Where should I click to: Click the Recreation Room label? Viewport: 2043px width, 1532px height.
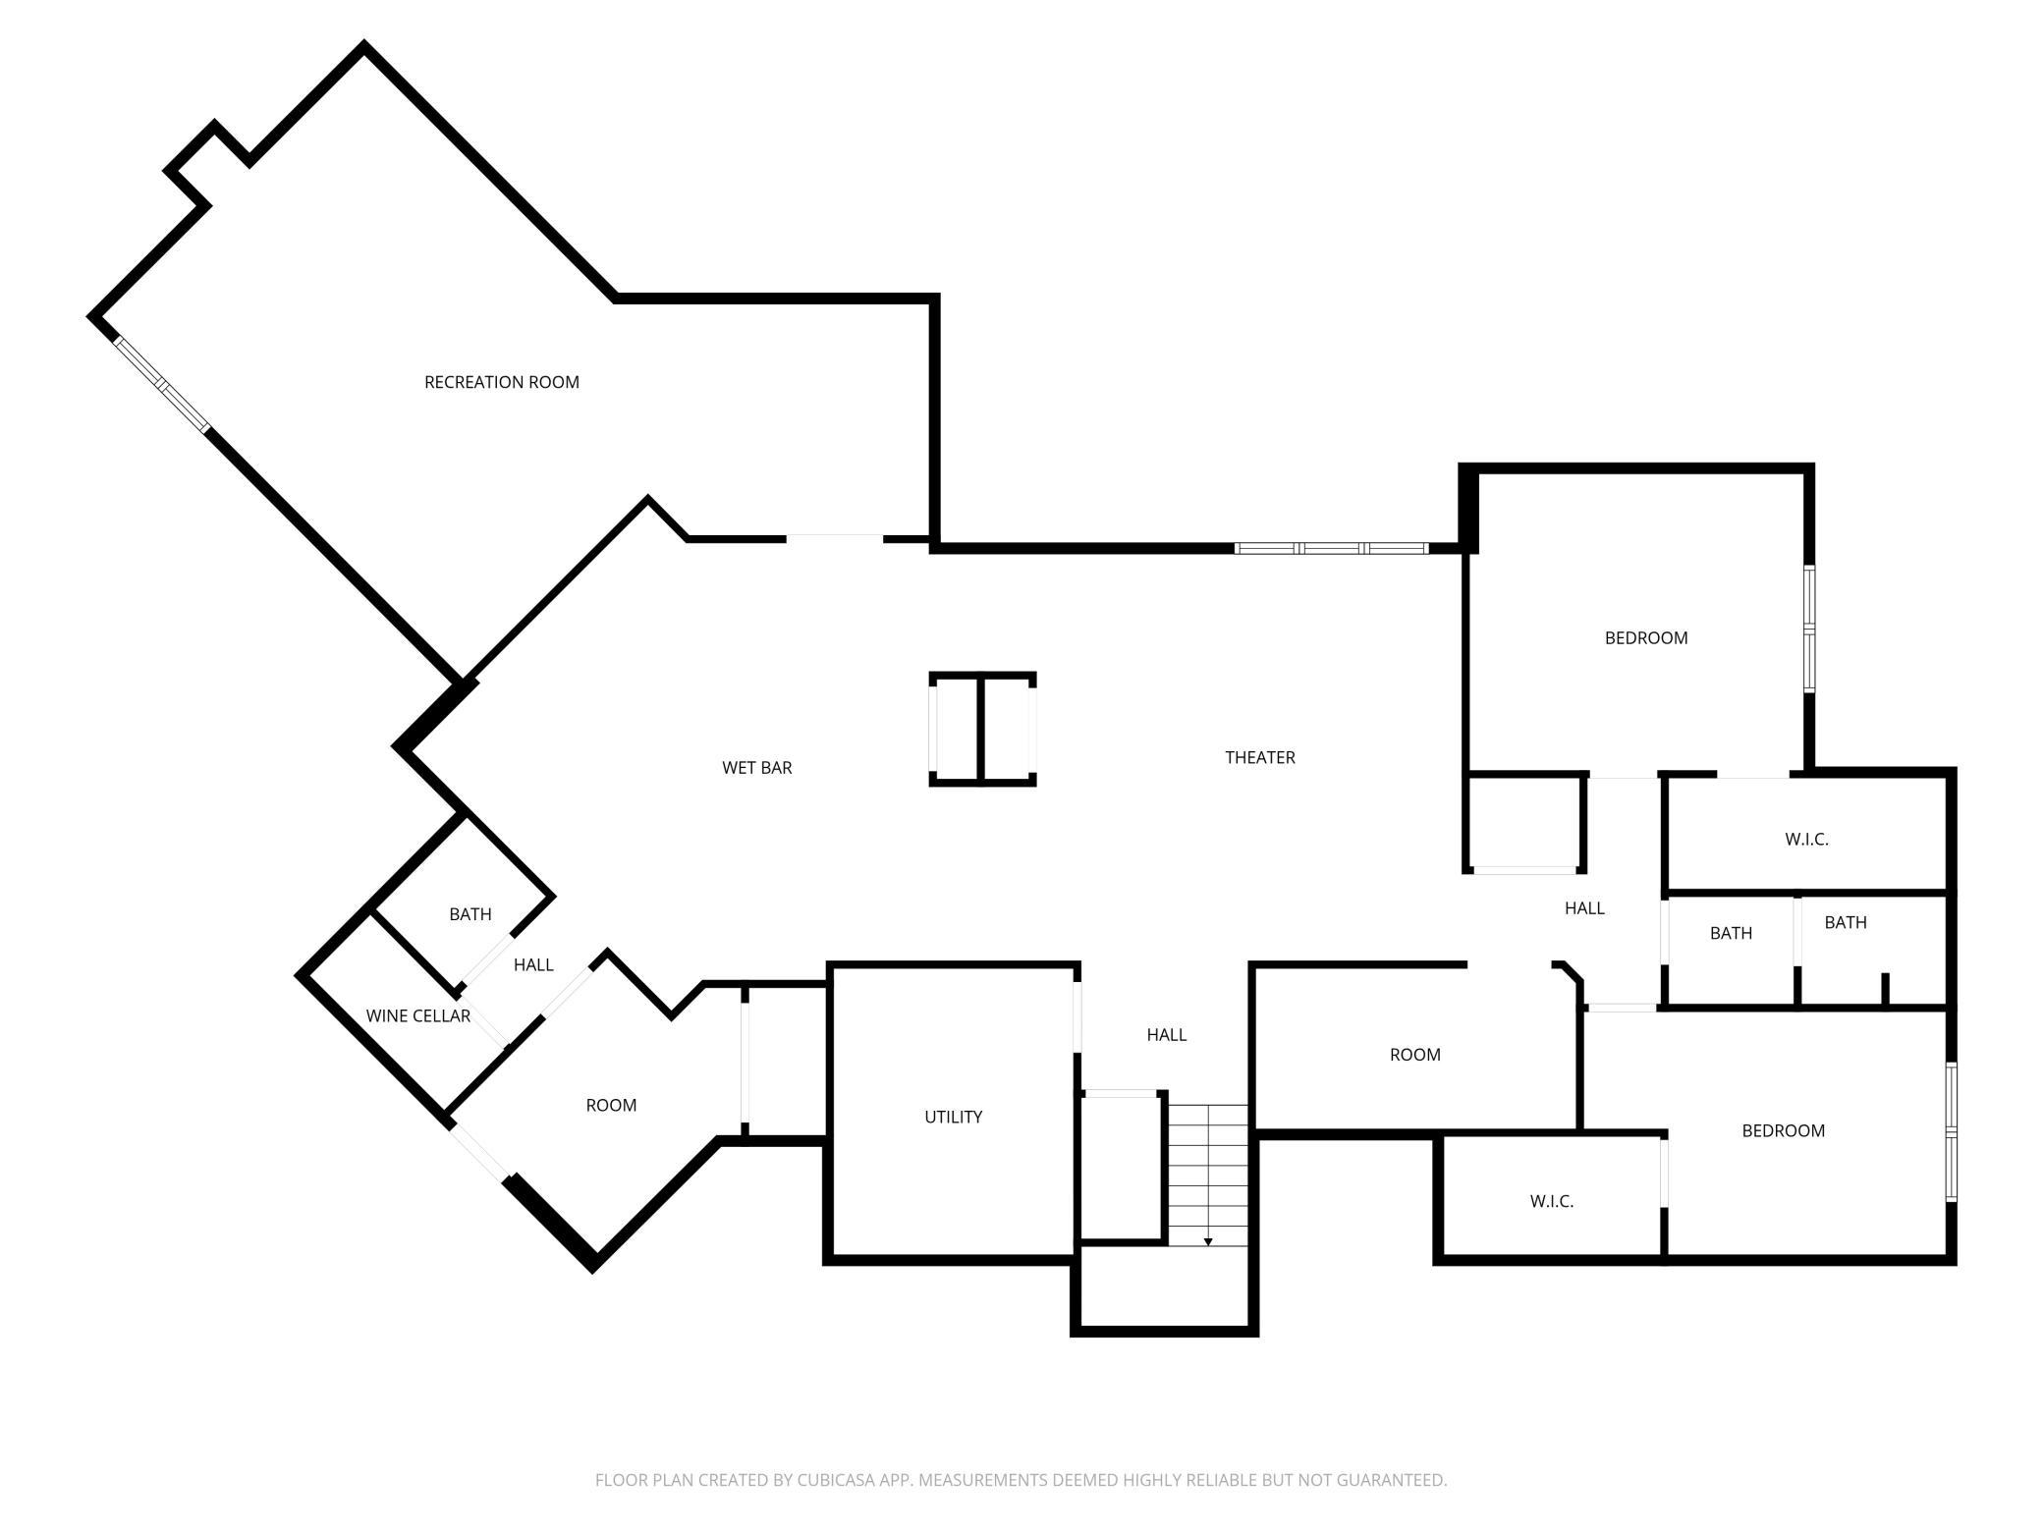pos(501,382)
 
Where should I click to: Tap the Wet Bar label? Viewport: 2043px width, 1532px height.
pos(756,768)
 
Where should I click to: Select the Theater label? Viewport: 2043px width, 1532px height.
pos(1259,757)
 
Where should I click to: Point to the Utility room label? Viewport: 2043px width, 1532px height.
pos(953,1117)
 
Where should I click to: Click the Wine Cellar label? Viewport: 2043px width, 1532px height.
pos(417,1015)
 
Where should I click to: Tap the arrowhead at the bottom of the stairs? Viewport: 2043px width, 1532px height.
pos(1208,1242)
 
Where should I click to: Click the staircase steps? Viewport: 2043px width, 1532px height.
pos(1208,1175)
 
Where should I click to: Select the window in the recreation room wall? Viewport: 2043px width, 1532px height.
pos(161,383)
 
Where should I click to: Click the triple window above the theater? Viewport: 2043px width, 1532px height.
pos(1331,548)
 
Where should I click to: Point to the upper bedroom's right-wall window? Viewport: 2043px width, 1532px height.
pos(1809,629)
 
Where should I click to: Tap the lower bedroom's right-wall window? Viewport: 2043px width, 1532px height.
pos(1951,1131)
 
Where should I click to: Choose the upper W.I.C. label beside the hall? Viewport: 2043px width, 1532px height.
pos(1806,840)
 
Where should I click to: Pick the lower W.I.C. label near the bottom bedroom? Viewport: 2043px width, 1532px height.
pos(1551,1201)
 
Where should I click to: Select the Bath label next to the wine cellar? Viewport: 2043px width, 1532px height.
pos(469,914)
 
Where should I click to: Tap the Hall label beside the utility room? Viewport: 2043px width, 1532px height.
pos(1166,1034)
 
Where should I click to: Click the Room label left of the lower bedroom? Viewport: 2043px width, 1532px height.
pos(1414,1055)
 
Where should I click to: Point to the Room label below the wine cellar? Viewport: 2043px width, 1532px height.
pos(611,1105)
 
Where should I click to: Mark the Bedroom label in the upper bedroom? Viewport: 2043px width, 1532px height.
pos(1645,638)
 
